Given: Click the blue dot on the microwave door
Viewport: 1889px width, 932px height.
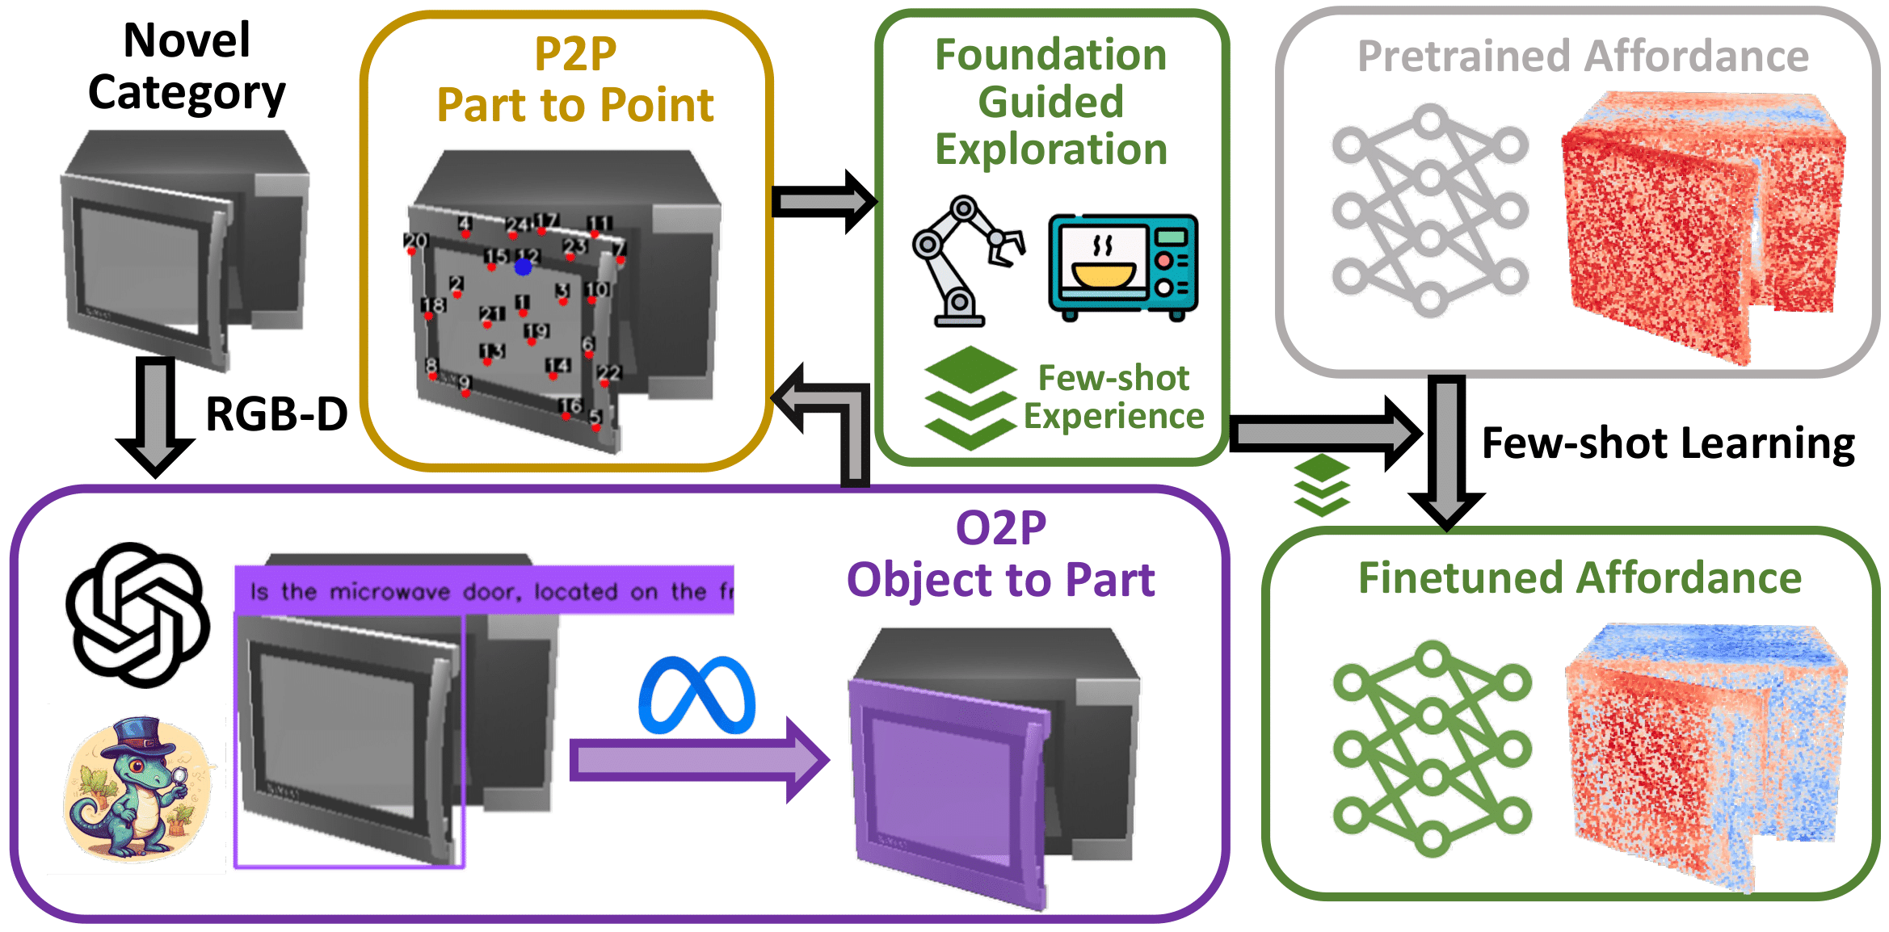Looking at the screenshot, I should click(x=523, y=267).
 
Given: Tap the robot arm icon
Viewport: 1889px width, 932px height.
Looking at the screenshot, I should click(x=966, y=260).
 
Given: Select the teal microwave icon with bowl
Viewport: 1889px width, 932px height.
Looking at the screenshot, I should click(x=1123, y=267).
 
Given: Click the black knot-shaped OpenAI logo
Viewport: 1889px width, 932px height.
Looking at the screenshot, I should click(x=138, y=615).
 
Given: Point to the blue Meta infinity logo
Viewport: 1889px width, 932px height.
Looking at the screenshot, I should click(x=696, y=695).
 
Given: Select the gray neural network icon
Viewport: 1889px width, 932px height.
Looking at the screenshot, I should click(x=1429, y=210).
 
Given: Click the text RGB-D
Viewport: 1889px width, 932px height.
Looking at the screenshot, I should click(x=276, y=414).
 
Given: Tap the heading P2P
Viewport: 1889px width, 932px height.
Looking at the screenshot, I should click(x=575, y=55).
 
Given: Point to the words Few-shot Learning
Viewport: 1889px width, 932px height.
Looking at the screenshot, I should click(x=1668, y=443).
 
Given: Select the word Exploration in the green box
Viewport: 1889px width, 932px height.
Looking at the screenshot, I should click(x=1051, y=149).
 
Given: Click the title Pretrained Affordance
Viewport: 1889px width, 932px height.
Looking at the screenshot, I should click(x=1583, y=57).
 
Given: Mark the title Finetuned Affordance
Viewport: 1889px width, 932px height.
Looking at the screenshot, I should click(x=1580, y=578).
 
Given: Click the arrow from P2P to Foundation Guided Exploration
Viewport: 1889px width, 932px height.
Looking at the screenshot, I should click(x=823, y=201).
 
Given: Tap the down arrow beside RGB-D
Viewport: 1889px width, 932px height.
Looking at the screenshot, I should click(x=155, y=416).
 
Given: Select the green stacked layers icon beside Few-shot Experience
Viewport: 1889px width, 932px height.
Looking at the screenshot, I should click(x=970, y=397).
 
